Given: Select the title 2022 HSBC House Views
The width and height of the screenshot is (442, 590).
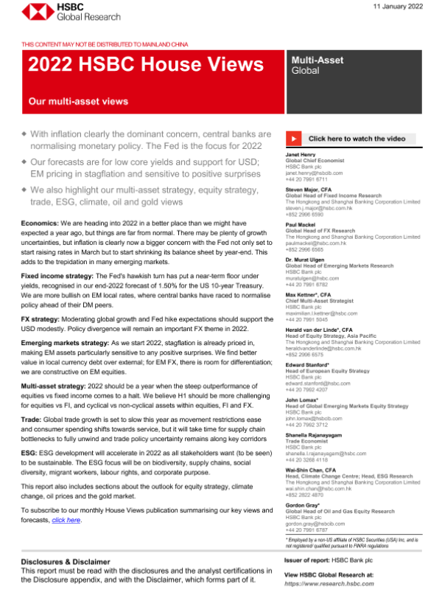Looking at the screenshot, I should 140,66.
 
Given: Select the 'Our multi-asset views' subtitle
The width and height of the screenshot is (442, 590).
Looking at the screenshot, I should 78,101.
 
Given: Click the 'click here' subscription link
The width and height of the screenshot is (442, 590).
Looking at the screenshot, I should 66,521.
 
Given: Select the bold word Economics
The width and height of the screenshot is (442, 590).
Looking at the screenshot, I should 43,222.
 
